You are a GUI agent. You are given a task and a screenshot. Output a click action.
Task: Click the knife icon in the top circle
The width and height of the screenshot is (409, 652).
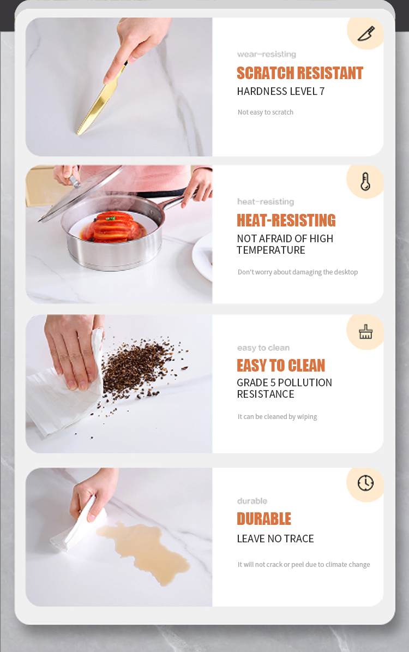366,33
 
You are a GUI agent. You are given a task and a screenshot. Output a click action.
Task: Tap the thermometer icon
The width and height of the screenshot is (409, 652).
365,182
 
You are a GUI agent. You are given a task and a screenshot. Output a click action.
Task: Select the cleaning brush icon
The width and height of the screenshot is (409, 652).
366,332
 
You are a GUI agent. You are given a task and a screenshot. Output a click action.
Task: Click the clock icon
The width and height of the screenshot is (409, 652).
366,483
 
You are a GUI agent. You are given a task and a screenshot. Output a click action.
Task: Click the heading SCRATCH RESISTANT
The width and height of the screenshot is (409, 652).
300,73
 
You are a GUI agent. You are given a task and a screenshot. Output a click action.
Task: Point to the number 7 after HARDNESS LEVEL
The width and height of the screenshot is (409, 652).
322,92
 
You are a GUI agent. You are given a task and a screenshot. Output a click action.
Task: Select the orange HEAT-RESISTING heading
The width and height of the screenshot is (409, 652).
286,220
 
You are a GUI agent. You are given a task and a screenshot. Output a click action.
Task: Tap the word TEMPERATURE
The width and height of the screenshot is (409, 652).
271,250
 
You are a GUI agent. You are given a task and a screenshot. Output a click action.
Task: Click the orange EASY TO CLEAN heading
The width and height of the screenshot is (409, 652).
281,366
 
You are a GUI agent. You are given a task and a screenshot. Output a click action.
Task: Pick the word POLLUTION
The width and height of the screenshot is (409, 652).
305,382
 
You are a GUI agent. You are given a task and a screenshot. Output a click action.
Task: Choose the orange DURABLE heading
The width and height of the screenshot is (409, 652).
264,519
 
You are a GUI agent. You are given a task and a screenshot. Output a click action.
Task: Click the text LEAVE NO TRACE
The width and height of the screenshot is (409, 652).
275,539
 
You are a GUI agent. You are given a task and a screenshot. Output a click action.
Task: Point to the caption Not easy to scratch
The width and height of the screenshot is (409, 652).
266,112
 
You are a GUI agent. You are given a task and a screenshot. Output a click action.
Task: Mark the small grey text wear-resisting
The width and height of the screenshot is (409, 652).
267,54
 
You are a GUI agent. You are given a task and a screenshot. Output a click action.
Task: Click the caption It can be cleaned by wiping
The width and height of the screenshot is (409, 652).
277,417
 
